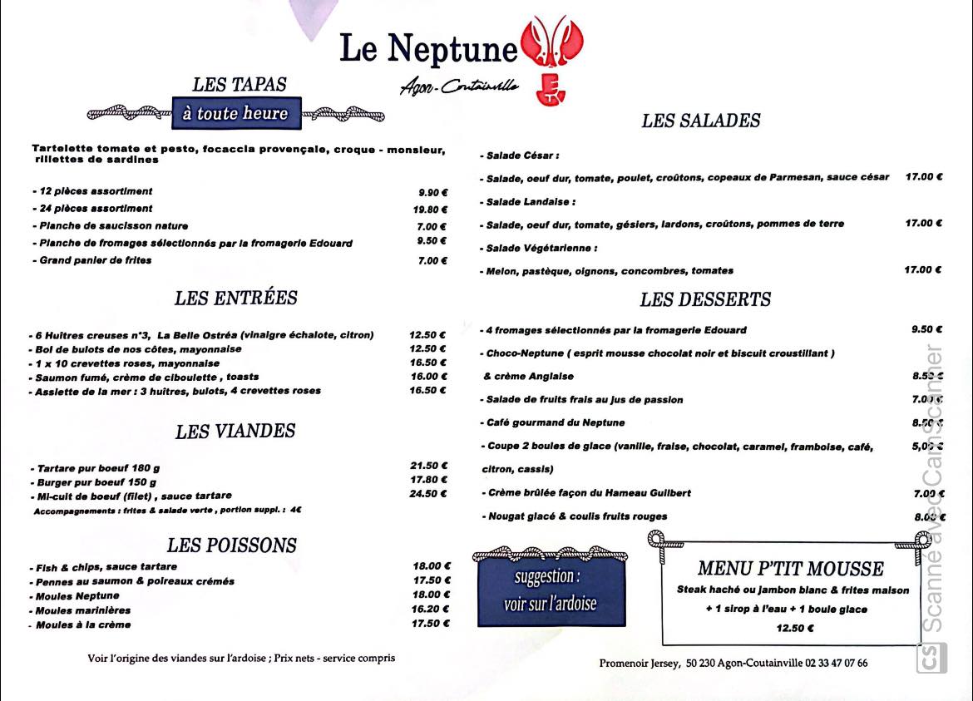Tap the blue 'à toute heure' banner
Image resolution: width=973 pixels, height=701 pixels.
(x=235, y=113)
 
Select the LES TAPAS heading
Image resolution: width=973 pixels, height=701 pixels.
(x=240, y=84)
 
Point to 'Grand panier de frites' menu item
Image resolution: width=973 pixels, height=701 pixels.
(x=95, y=260)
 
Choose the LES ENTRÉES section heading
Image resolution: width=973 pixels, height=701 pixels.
(x=235, y=298)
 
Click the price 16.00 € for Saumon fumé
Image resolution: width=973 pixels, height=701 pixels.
(x=428, y=376)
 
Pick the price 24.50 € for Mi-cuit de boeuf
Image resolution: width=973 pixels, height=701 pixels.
(x=428, y=493)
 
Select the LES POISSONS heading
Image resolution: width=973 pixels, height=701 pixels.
(x=231, y=545)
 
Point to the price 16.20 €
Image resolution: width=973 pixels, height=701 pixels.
(x=432, y=609)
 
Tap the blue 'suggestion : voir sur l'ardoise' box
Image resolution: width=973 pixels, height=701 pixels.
(x=550, y=590)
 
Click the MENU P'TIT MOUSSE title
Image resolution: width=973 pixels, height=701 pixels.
(x=790, y=569)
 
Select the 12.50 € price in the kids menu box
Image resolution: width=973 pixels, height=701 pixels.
(x=795, y=628)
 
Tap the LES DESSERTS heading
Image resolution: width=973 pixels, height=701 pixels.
(x=705, y=299)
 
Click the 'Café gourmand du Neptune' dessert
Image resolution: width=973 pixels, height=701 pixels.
(x=555, y=422)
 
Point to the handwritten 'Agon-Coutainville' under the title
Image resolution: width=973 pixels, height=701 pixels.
(x=458, y=86)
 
